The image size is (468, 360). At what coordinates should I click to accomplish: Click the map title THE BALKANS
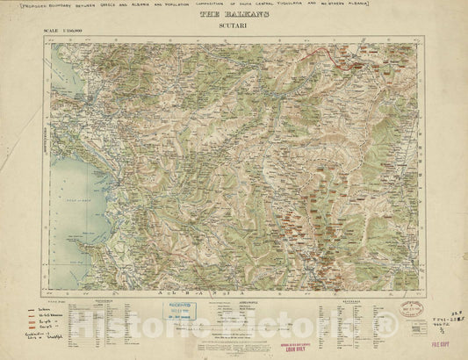[234, 15]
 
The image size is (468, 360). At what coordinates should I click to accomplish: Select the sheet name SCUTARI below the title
[234, 27]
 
